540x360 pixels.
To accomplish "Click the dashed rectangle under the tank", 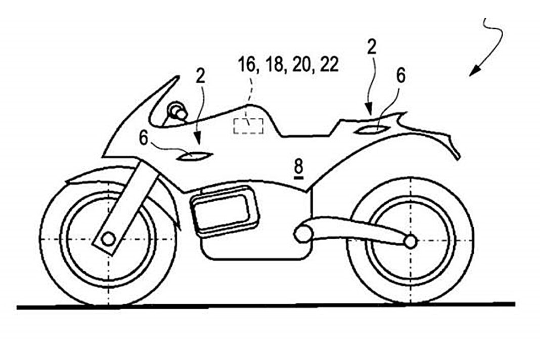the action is click(x=249, y=126).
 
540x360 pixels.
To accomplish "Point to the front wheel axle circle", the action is click(x=109, y=238).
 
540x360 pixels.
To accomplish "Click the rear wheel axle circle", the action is click(x=410, y=242).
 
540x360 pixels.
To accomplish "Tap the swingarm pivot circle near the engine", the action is click(x=302, y=234).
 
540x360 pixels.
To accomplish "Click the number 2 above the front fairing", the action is click(x=200, y=76).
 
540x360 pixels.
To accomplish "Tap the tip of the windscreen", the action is click(x=177, y=76).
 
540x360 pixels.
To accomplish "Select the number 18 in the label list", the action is click(x=274, y=64).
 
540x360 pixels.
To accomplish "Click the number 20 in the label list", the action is click(x=302, y=64).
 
